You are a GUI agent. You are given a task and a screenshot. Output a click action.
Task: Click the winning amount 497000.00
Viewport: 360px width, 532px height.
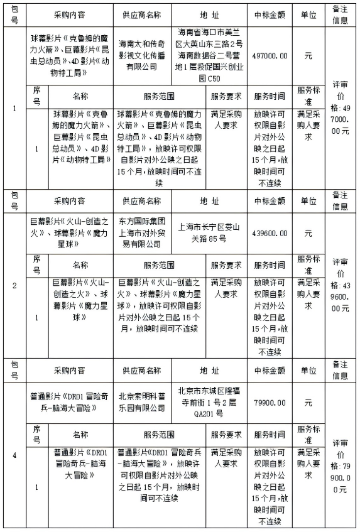[271, 55]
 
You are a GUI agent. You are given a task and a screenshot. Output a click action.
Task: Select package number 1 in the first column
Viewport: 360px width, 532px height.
[14, 107]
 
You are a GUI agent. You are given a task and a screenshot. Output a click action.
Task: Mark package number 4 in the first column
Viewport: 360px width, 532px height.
[14, 454]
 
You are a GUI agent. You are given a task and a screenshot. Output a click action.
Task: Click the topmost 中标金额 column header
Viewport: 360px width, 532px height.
[271, 14]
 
